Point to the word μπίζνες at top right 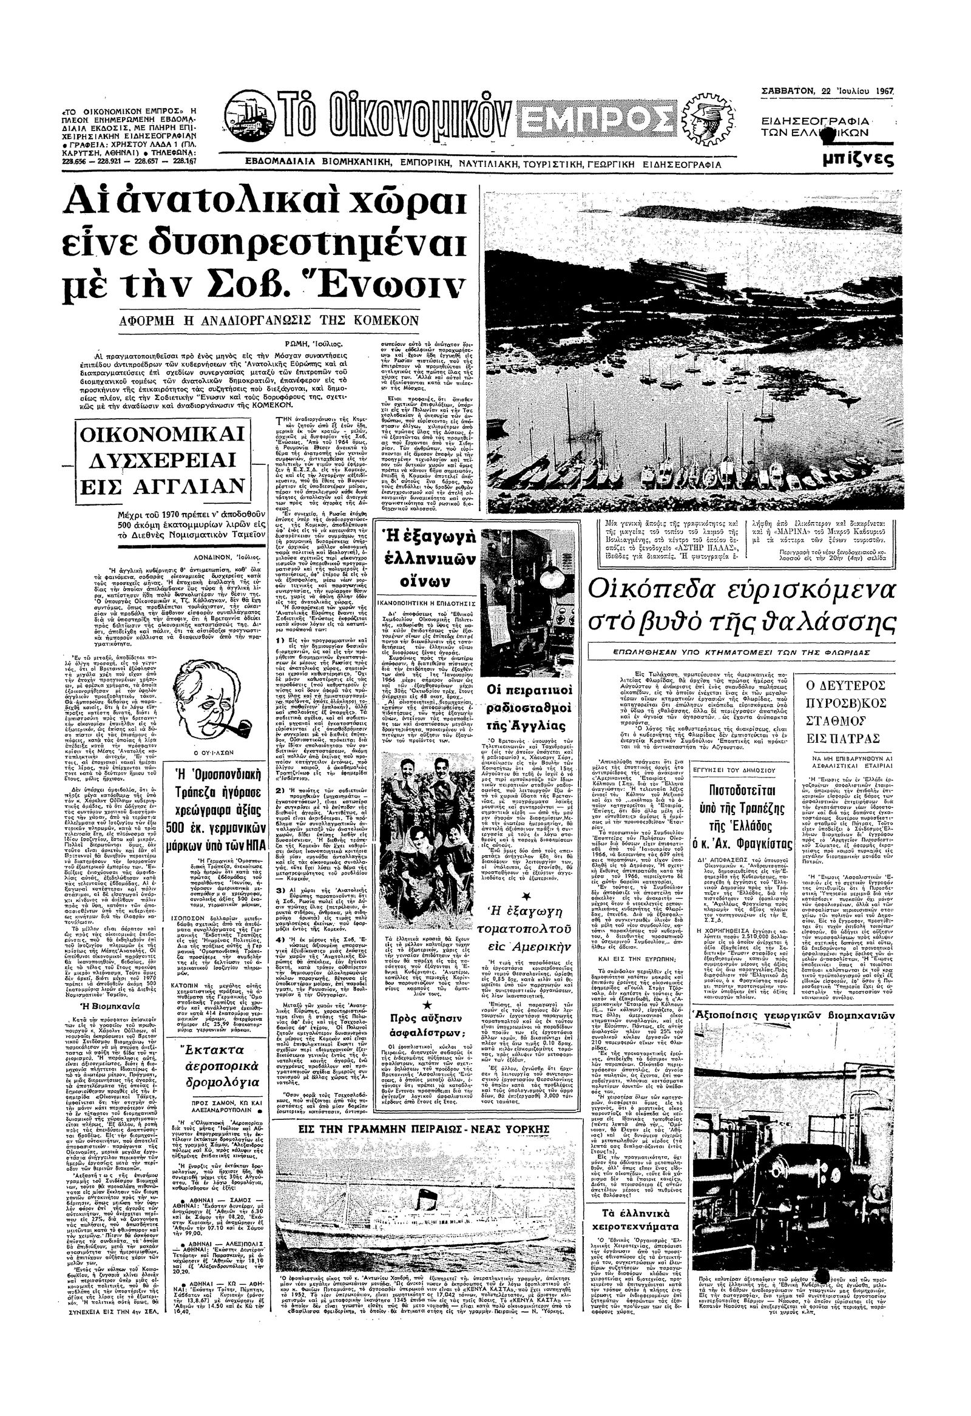click(x=858, y=160)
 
